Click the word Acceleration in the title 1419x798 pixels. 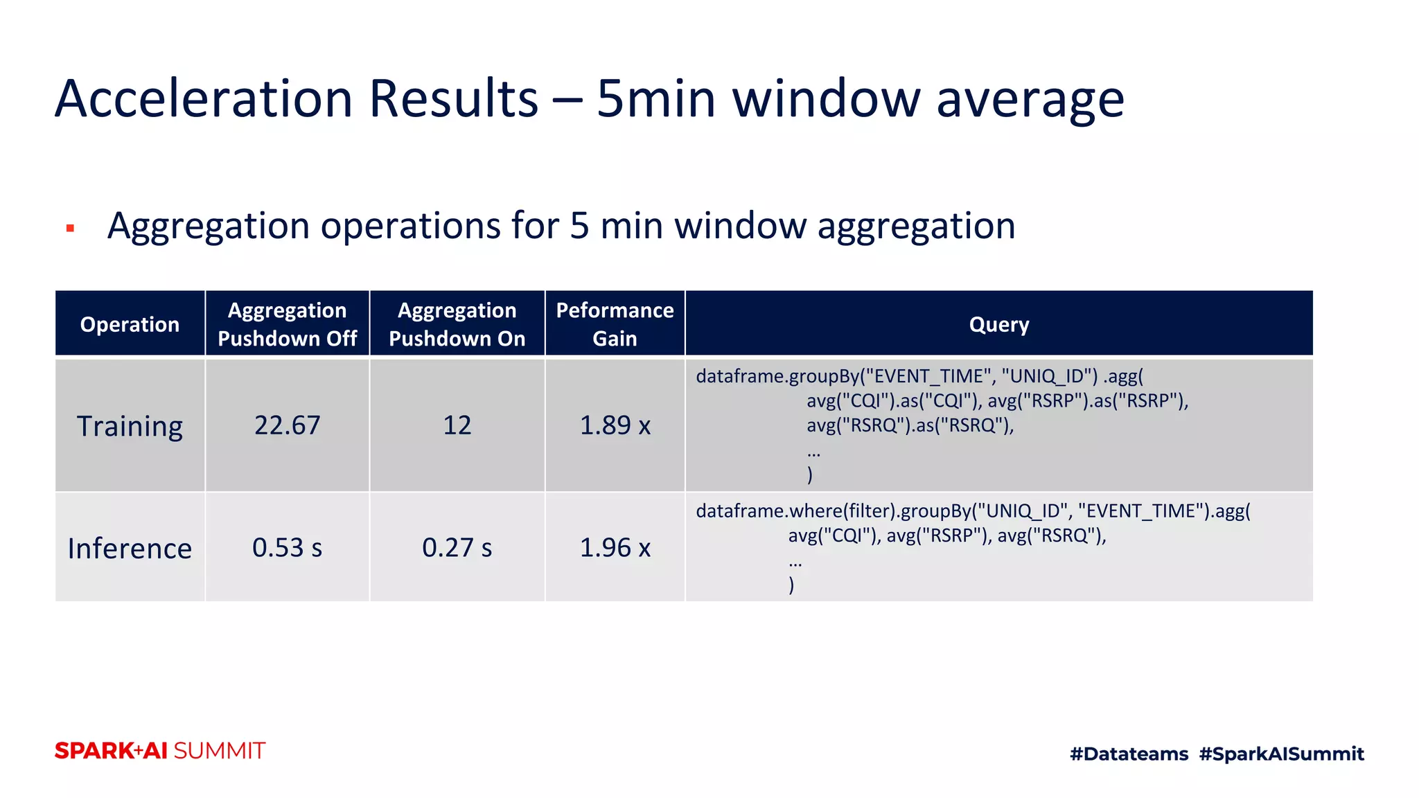click(204, 98)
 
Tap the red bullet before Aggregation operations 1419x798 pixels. click(70, 228)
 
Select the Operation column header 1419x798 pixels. click(130, 324)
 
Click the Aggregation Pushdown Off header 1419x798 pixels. click(287, 324)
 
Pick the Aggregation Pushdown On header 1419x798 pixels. click(457, 324)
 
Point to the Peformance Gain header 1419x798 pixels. click(615, 324)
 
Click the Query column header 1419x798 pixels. click(998, 324)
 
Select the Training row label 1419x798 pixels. click(130, 425)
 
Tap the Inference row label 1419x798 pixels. click(130, 548)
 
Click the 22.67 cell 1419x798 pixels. click(287, 425)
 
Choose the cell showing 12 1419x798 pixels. click(457, 425)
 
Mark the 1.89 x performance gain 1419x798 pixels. click(615, 425)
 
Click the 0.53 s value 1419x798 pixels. click(287, 547)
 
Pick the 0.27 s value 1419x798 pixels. click(457, 547)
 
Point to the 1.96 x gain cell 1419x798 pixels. click(615, 547)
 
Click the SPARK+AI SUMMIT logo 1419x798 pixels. click(160, 751)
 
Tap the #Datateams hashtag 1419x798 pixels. click(1129, 754)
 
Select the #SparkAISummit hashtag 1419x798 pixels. click(1281, 754)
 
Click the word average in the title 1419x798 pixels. click(1030, 98)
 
